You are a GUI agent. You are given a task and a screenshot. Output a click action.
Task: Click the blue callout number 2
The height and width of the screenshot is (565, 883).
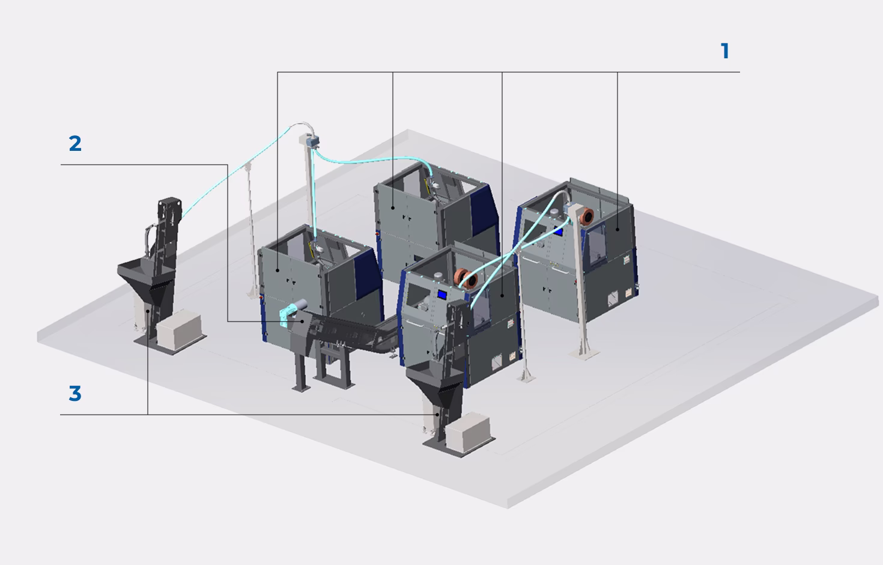point(75,143)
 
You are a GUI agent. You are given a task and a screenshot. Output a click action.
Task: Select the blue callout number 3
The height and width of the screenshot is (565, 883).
point(75,393)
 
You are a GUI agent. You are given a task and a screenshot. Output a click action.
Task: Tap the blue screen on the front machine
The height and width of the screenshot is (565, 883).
point(442,295)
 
